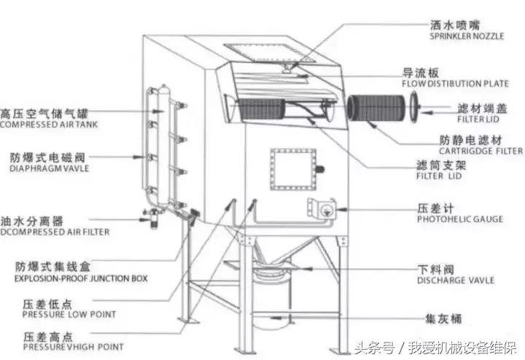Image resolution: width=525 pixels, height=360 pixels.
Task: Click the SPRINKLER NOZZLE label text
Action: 467,36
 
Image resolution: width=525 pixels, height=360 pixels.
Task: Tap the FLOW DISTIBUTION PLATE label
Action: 455,84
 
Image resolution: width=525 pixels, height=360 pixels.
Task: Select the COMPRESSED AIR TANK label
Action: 49,125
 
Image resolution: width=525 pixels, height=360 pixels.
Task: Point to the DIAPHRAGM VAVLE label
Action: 50,168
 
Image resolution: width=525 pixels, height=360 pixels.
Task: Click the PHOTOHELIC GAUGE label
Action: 460,219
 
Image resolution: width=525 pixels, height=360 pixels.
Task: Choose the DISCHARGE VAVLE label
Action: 456,280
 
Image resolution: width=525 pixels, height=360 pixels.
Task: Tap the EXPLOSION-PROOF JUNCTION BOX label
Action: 81,278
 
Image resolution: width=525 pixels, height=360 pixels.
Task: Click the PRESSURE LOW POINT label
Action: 69,315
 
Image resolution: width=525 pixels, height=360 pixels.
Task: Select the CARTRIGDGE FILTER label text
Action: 481,152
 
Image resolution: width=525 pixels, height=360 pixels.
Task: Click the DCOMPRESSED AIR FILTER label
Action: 55,232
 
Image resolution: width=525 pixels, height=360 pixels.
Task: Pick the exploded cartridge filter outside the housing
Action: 376,108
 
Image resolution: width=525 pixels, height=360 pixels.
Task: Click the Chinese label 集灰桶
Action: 443,318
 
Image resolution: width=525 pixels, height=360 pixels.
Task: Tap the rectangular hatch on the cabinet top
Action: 270,52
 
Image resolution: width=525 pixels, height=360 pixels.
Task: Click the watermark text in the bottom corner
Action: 436,348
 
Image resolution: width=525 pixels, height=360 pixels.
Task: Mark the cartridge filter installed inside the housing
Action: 262,109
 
